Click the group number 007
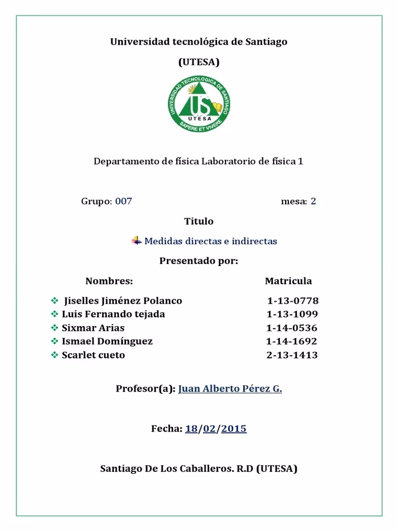(123, 201)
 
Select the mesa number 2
(313, 201)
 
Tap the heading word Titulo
(198, 221)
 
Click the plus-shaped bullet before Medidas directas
(137, 241)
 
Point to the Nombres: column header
(109, 281)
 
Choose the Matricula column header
(288, 281)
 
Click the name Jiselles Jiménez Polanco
(123, 301)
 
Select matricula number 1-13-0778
(293, 301)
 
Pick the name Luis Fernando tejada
(113, 314)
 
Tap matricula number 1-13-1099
(292, 314)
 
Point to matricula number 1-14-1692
(291, 341)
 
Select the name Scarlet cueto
(93, 355)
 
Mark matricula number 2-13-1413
(292, 355)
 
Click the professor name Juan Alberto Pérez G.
(230, 389)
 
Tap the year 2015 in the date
(234, 429)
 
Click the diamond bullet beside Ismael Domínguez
(54, 341)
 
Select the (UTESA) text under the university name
(198, 62)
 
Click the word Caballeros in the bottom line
(194, 469)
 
